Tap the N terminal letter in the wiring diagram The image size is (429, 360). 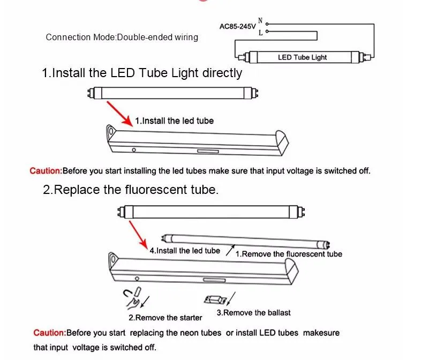260,21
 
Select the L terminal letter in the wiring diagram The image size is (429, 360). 260,33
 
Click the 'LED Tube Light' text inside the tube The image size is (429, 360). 302,57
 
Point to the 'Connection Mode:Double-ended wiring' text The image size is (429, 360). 122,37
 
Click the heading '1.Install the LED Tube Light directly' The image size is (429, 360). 142,73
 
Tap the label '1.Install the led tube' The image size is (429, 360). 174,121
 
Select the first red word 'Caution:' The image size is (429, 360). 46,171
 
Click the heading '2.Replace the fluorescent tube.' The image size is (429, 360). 131,190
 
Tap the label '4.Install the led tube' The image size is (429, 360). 184,251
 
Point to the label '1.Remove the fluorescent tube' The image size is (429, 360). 289,254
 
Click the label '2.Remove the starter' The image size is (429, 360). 165,318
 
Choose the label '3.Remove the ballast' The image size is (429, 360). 253,312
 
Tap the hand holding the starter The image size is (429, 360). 131,298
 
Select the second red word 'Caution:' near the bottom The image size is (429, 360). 49,333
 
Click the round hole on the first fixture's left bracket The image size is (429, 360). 111,130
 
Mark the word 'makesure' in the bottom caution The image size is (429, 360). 321,333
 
